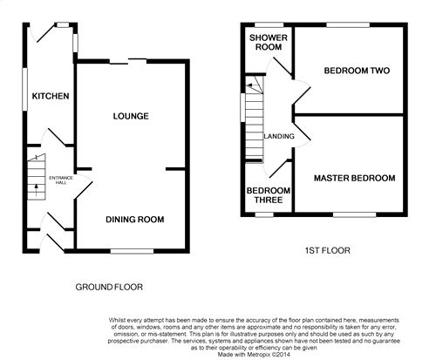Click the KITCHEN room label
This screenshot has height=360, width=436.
pyautogui.click(x=51, y=96)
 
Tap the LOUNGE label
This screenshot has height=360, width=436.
pyautogui.click(x=131, y=116)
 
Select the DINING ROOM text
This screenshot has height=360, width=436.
pyautogui.click(x=135, y=220)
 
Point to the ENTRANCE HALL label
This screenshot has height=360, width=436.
pyautogui.click(x=61, y=180)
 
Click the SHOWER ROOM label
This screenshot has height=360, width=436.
pyautogui.click(x=269, y=42)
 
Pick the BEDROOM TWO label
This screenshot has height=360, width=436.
pyautogui.click(x=357, y=71)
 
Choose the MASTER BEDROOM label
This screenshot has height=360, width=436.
pyautogui.click(x=355, y=178)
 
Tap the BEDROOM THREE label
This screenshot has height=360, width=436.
pyautogui.click(x=269, y=195)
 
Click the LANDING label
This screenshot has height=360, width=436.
pyautogui.click(x=279, y=136)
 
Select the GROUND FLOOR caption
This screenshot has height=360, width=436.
pyautogui.click(x=109, y=287)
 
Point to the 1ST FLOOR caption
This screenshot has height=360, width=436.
pyautogui.click(x=328, y=250)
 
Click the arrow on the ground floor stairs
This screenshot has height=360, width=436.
pyautogui.click(x=37, y=190)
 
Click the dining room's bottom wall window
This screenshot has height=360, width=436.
pyautogui.click(x=132, y=251)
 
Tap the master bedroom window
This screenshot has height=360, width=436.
pyautogui.click(x=355, y=214)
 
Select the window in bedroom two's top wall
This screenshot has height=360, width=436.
pyautogui.click(x=348, y=25)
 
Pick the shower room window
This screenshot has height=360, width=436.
pyautogui.click(x=269, y=25)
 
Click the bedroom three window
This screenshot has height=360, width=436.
pyautogui.click(x=264, y=214)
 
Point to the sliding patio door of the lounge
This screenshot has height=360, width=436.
pyautogui.click(x=128, y=61)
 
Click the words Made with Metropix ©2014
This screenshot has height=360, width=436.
pyautogui.click(x=254, y=355)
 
